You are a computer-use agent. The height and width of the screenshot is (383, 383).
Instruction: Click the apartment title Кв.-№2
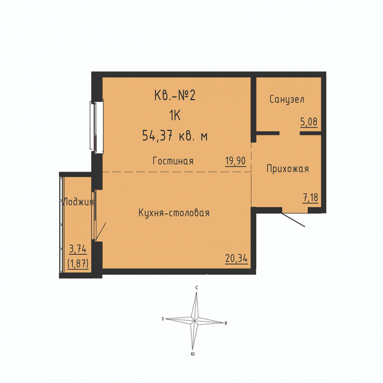pos(175,95)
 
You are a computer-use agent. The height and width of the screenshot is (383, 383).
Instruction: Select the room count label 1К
pos(175,116)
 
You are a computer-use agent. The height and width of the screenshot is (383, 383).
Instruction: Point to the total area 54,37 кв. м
pos(175,136)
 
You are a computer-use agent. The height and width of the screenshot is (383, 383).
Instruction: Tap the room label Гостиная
pos(173,161)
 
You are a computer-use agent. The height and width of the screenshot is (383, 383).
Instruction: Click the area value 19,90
pos(235,161)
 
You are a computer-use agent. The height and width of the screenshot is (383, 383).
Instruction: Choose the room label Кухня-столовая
pos(174,213)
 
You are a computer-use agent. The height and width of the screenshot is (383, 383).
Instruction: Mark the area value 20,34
pos(236,258)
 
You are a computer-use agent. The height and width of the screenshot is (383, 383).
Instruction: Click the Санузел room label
pos(287,99)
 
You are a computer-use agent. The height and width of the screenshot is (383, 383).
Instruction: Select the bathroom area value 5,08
pos(309,122)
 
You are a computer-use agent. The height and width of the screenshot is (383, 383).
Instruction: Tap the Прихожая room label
pos(287,169)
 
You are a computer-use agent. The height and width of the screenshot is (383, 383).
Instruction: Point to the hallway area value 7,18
pos(311,197)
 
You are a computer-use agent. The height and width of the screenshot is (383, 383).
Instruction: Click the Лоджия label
pos(78,202)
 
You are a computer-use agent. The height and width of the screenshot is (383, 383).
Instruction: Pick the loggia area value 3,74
pos(78,249)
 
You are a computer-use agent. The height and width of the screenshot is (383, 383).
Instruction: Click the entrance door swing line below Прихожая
pos(293,220)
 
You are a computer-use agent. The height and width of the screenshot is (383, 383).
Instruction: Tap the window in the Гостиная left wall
pos(96,126)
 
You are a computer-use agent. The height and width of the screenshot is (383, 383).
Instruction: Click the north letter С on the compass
pos(196,288)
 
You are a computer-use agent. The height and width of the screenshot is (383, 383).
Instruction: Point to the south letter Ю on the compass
pos(192,354)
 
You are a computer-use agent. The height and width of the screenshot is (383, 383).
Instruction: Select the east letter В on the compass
pos(226,323)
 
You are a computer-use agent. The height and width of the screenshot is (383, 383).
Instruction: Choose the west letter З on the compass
pos(163,319)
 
